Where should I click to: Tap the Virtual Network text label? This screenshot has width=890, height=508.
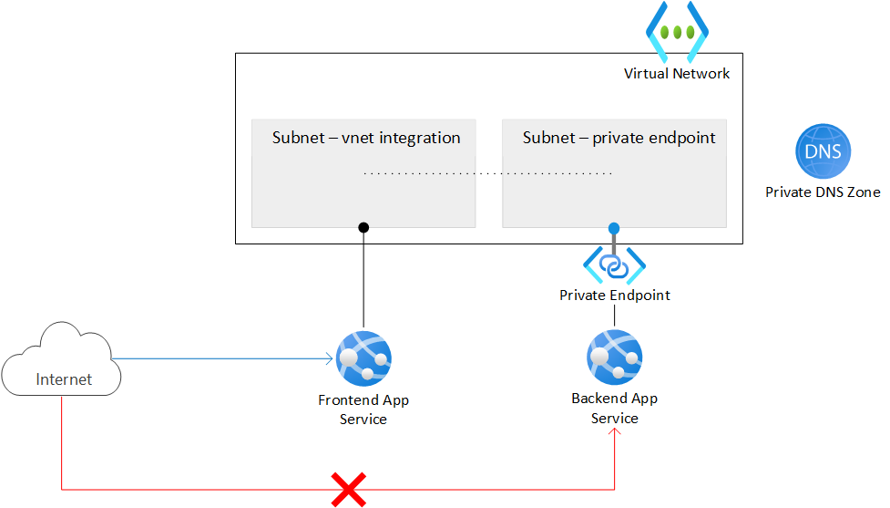tap(676, 74)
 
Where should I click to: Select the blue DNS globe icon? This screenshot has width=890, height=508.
tap(823, 152)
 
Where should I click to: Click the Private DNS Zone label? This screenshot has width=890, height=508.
tap(823, 192)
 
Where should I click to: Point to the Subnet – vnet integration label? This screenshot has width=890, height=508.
tap(366, 139)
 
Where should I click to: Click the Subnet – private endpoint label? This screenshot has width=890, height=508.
tap(619, 139)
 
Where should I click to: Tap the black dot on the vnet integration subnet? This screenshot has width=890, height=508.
tap(363, 226)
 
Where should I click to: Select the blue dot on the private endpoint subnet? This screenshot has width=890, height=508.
tap(614, 228)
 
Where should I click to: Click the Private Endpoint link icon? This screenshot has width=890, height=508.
tap(614, 265)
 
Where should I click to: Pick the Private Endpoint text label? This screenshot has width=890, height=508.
tap(614, 295)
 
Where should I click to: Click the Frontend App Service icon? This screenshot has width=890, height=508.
tap(363, 359)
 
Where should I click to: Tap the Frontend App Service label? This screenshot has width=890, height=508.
tap(363, 410)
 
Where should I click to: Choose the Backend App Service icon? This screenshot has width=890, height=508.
tap(614, 358)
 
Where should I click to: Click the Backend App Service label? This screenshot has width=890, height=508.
tap(614, 408)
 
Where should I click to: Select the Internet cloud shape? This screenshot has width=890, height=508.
tap(61, 360)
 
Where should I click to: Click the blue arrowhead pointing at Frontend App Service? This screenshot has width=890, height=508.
tap(329, 359)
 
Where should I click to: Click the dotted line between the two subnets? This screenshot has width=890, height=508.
tap(487, 172)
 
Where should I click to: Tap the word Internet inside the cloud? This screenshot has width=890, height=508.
tap(64, 379)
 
